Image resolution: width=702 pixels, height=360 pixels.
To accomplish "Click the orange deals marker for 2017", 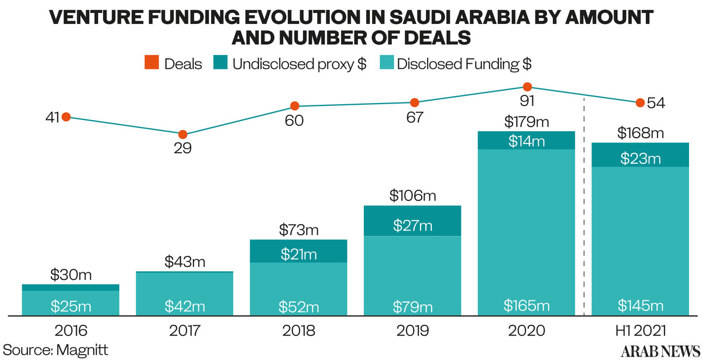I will click(183, 134).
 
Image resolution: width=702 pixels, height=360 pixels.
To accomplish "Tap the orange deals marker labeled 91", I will click(527, 87).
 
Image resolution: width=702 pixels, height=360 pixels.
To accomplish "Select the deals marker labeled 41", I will click(66, 117).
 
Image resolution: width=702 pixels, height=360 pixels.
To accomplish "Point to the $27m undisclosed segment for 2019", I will click(413, 225).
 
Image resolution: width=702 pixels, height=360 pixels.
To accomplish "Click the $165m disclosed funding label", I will click(527, 305).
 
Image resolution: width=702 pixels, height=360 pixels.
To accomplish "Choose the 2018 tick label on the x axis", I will click(298, 331).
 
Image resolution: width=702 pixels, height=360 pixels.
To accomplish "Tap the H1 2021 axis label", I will click(641, 331).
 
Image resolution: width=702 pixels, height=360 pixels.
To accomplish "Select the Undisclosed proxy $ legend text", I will click(299, 64).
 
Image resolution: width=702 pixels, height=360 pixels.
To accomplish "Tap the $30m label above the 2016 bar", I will click(70, 275).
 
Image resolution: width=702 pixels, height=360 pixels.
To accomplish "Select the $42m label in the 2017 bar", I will click(184, 306).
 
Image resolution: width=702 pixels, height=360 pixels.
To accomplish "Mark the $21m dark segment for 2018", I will click(298, 254).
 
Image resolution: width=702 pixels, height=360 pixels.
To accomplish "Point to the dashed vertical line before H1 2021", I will click(584, 205).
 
